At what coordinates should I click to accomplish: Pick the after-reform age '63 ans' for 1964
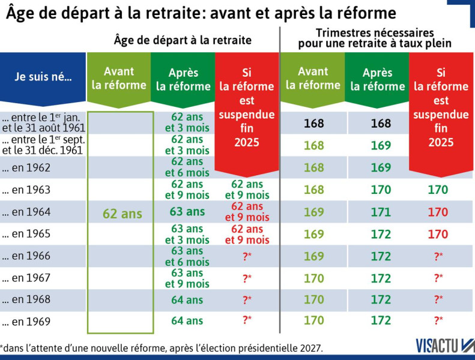187,212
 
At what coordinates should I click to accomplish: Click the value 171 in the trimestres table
380,212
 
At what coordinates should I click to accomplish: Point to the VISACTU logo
444,346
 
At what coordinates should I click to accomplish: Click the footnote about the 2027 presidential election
162,347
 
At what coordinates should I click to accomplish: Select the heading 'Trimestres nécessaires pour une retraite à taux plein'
375,38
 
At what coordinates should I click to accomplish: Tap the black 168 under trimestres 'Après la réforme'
380,124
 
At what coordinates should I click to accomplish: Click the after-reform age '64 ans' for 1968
187,299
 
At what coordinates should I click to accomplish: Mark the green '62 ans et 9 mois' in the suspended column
247,190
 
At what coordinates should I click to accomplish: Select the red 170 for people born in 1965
438,234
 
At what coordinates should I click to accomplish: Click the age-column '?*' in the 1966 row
247,256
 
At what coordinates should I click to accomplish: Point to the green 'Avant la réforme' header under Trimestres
313,78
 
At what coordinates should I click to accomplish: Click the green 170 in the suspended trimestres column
438,190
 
